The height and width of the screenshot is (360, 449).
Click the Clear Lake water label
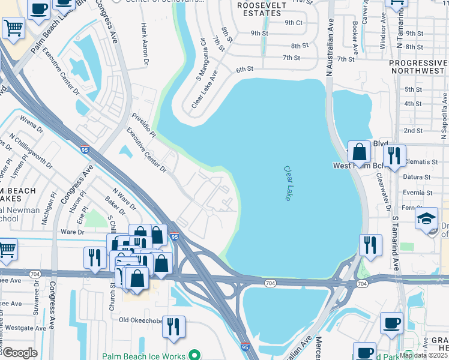[288, 184]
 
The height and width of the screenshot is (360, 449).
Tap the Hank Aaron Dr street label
[145, 44]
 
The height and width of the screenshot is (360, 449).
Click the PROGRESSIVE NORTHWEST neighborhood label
[418, 67]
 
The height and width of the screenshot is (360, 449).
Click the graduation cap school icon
[426, 218]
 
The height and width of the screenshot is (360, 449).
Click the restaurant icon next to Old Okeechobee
[173, 327]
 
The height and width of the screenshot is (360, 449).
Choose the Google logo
[19, 353]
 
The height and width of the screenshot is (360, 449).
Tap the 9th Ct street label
[294, 22]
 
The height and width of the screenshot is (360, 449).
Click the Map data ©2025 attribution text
[424, 355]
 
